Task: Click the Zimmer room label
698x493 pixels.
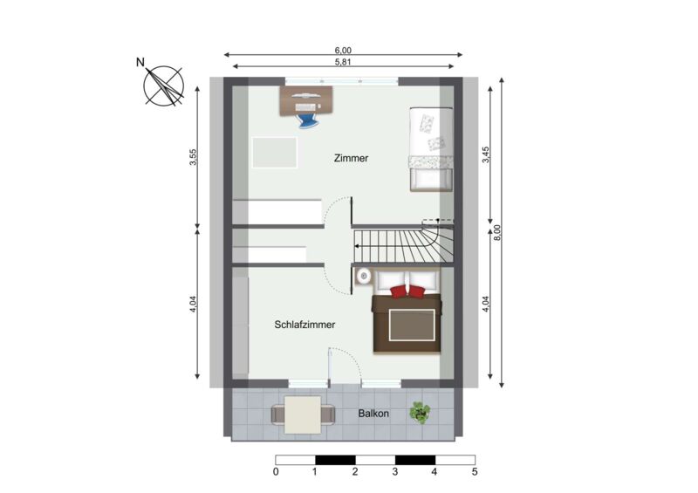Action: coord(351,158)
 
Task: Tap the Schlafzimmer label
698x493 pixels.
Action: coord(305,325)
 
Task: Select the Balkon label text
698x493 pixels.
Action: coord(373,414)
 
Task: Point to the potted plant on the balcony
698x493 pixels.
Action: coord(420,413)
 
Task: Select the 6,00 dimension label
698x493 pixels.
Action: coord(343,51)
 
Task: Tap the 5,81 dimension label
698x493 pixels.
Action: coord(343,62)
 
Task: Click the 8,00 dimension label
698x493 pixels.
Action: coord(497,232)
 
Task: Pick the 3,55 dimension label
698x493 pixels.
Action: coord(193,157)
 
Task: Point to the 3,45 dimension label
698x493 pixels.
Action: coord(486,154)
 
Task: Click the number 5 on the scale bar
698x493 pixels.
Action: coord(475,472)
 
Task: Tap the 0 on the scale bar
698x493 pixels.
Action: coord(276,472)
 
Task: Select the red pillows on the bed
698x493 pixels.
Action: coord(407,291)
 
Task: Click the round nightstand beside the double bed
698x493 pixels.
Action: coord(364,276)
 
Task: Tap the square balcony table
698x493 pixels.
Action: coord(303,414)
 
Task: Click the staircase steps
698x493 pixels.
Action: coord(403,246)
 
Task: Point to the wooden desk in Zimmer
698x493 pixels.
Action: coord(306,101)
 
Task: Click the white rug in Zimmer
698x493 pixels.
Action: coord(275,153)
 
